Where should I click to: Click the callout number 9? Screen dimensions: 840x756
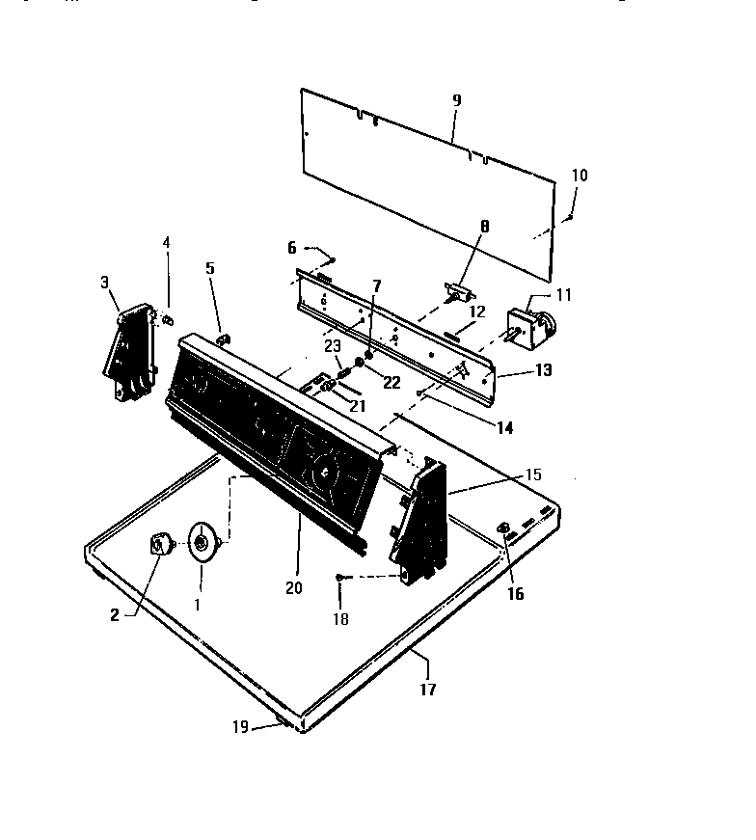pos(456,100)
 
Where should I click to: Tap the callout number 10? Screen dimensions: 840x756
pos(579,176)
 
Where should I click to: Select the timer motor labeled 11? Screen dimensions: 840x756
pos(529,324)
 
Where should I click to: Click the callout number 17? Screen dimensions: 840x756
pos(428,690)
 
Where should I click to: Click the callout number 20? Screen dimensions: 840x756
pos(294,587)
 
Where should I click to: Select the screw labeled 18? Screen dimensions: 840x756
pos(341,577)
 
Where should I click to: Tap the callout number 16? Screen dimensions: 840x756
pos(515,594)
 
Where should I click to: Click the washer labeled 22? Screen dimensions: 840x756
pos(359,363)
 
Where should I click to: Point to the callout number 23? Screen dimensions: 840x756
pos(332,345)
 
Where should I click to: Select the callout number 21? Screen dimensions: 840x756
pos(358,406)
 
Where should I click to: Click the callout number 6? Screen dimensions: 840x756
pos(292,248)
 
